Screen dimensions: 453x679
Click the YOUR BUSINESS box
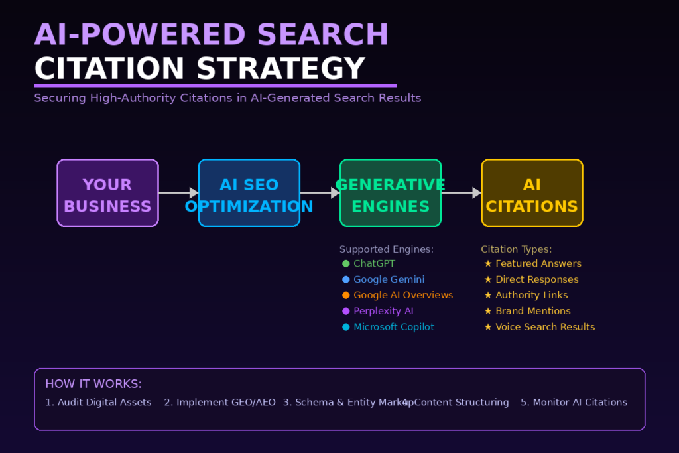(x=107, y=193)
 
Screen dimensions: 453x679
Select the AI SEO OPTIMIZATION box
(x=249, y=193)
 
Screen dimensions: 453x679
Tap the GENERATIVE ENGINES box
(x=391, y=193)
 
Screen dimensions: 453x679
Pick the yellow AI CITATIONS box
(x=532, y=193)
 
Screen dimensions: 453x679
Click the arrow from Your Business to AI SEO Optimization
(x=178, y=193)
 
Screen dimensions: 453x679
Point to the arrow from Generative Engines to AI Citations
(x=461, y=193)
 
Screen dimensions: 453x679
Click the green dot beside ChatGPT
(x=346, y=264)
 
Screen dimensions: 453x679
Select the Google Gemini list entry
(x=389, y=279)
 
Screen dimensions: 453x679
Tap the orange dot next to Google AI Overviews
(x=346, y=295)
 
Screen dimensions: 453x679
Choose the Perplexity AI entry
(x=383, y=311)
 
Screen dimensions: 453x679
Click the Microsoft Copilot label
(x=394, y=327)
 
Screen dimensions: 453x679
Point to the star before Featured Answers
(x=488, y=264)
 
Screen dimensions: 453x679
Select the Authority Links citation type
(x=531, y=295)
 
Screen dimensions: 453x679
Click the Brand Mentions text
(x=532, y=311)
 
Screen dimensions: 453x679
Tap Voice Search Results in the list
(x=545, y=327)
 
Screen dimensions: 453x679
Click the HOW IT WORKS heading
(x=93, y=384)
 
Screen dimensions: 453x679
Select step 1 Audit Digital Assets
(x=98, y=402)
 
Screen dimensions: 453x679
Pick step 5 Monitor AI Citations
(x=574, y=402)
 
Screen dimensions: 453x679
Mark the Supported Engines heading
(x=386, y=249)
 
